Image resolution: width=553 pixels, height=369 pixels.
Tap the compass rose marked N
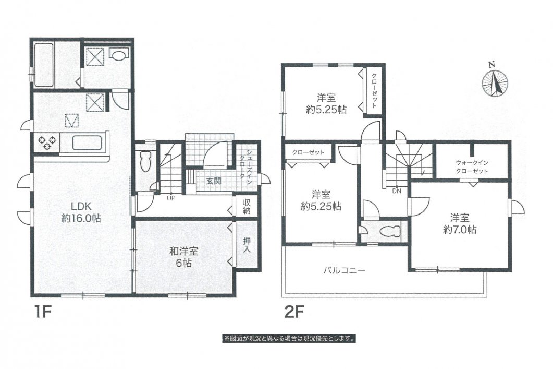pos(494,83)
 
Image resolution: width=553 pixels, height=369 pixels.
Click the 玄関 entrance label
pos(213,181)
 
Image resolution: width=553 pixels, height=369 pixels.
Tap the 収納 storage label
pos(247,207)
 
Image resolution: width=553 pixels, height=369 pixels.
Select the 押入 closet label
pos(247,245)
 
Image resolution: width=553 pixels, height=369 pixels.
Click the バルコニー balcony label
pos(343,270)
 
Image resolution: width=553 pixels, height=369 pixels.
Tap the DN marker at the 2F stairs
pos(397,191)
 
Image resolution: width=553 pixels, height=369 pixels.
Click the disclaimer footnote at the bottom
pos(290,338)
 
